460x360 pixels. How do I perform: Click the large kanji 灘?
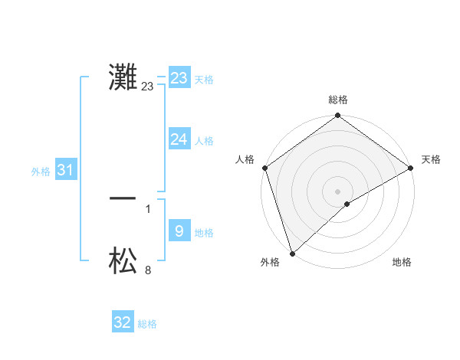click(123, 78)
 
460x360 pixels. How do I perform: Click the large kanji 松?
click(123, 261)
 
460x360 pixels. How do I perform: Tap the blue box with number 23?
click(179, 78)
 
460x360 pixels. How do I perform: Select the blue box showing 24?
click(179, 139)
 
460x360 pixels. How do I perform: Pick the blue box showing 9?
click(179, 231)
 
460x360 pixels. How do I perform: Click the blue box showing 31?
click(64, 170)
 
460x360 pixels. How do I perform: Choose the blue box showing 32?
click(123, 322)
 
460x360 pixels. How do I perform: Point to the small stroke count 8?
click(148, 270)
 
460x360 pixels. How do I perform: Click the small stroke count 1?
click(148, 208)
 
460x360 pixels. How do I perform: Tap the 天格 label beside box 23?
click(204, 80)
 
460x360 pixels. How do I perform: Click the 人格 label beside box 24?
click(204, 141)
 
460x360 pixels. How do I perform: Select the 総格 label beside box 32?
click(147, 325)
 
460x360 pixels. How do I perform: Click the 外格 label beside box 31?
click(41, 172)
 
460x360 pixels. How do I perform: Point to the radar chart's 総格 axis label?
click(338, 100)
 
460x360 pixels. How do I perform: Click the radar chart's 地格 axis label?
click(402, 263)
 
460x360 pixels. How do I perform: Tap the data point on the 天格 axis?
click(411, 168)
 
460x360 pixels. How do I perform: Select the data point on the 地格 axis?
click(347, 204)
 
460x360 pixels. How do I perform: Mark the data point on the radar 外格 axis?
click(292, 253)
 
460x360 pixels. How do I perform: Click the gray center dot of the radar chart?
click(337, 191)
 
